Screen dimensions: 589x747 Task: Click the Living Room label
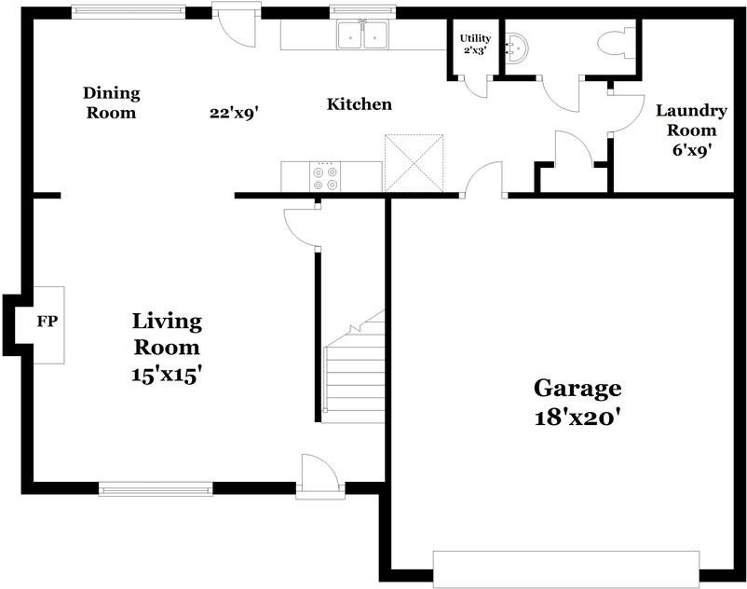pos(166,348)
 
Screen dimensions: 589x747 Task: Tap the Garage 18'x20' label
pos(577,401)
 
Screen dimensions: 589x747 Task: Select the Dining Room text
pos(111,103)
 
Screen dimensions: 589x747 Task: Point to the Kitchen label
pos(359,104)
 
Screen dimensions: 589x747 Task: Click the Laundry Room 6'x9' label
pos(690,130)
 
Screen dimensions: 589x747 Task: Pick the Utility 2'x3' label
pos(474,44)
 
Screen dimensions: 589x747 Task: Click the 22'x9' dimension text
pos(234,113)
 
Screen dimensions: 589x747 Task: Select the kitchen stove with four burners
pos(325,177)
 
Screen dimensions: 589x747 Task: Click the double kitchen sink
pos(362,35)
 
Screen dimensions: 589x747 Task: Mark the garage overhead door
pos(565,568)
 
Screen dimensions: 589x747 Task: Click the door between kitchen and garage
pos(483,182)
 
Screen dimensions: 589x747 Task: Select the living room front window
pos(156,488)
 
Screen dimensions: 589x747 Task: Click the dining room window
pos(129,12)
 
